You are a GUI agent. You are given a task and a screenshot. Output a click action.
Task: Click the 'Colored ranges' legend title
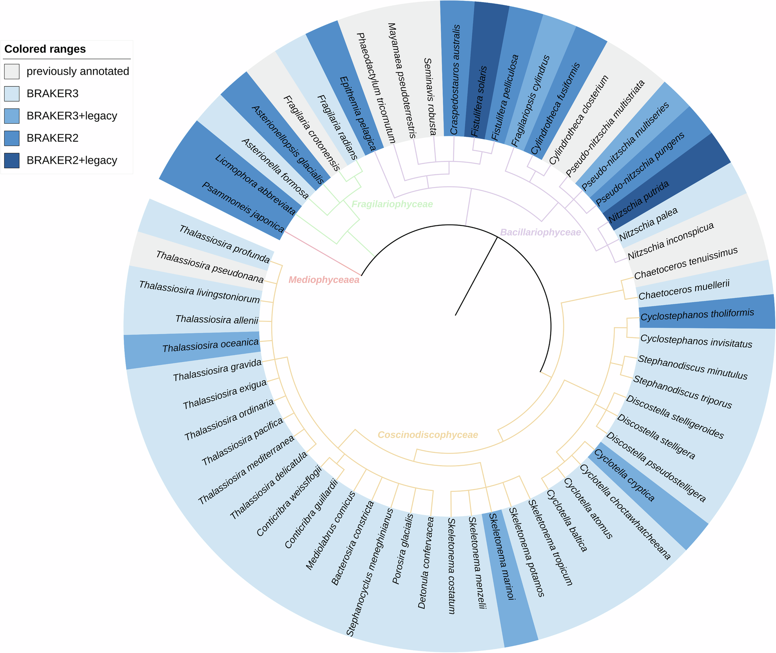(x=45, y=49)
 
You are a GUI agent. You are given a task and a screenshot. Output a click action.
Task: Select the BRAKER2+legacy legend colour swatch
(x=12, y=160)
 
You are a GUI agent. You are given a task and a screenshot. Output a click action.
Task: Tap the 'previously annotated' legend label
(x=78, y=71)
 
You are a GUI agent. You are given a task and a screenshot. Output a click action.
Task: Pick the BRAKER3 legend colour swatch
(x=12, y=94)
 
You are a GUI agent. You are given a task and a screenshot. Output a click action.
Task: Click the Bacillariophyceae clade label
(x=540, y=232)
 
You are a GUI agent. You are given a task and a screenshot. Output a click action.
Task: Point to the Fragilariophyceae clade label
(x=392, y=204)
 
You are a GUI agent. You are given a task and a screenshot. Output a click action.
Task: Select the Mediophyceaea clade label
(x=324, y=280)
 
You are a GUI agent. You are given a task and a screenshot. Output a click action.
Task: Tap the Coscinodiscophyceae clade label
(x=428, y=435)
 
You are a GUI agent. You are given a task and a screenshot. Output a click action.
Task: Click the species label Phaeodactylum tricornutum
(x=376, y=88)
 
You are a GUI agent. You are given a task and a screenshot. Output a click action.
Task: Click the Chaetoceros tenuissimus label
(x=686, y=263)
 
